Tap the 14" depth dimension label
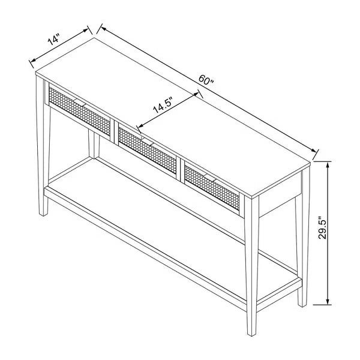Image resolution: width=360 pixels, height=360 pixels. coord(54,40)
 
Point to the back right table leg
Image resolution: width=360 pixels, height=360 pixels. coord(300,252)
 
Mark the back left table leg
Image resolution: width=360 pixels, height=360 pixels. coord(93,144)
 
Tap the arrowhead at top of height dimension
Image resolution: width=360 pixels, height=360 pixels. coord(327,164)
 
